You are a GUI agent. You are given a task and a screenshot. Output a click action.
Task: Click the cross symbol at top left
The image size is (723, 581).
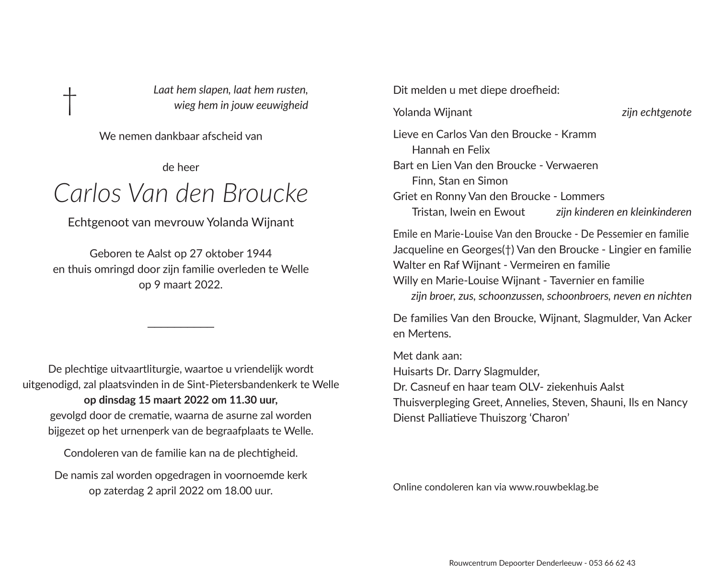pos(70,101)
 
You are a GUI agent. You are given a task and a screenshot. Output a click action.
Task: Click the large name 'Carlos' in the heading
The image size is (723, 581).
pos(87,193)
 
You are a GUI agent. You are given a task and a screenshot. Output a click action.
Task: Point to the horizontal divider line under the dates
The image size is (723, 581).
pos(181,327)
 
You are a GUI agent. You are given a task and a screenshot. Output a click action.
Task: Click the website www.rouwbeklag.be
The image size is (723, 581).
pos(553,487)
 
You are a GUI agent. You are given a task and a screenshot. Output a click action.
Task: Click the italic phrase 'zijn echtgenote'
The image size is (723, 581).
pos(656,112)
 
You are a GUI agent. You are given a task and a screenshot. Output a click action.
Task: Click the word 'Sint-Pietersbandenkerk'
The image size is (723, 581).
pos(246,385)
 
